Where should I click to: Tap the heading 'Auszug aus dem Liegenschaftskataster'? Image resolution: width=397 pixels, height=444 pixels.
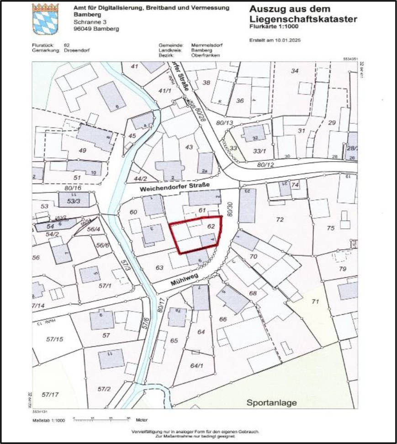(303, 14)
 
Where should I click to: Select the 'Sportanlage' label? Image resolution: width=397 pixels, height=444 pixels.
(271, 402)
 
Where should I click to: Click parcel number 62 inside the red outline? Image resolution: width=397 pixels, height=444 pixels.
(211, 226)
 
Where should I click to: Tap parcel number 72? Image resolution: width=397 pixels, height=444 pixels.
(280, 220)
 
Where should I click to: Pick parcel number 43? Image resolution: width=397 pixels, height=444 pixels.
(189, 147)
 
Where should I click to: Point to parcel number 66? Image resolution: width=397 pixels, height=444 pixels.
(223, 319)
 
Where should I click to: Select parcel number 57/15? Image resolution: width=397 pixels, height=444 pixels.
(55, 339)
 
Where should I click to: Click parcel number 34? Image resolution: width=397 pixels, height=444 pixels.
(295, 71)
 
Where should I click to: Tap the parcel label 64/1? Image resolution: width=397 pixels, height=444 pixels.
(196, 365)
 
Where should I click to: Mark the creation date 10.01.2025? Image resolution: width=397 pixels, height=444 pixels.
(281, 40)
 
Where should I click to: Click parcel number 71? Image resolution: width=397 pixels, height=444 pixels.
(314, 301)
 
